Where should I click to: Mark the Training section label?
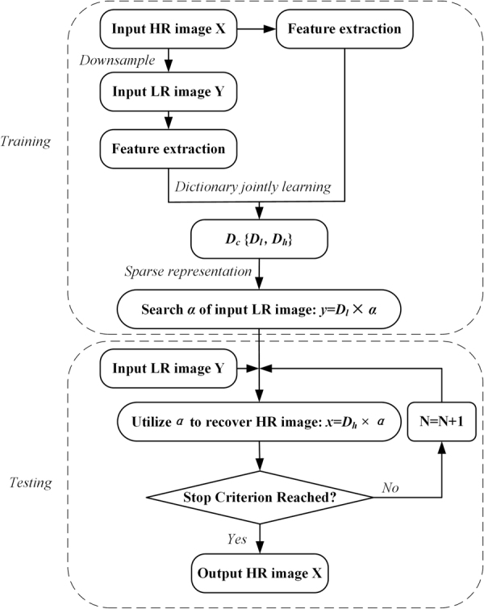pyautogui.click(x=27, y=141)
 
